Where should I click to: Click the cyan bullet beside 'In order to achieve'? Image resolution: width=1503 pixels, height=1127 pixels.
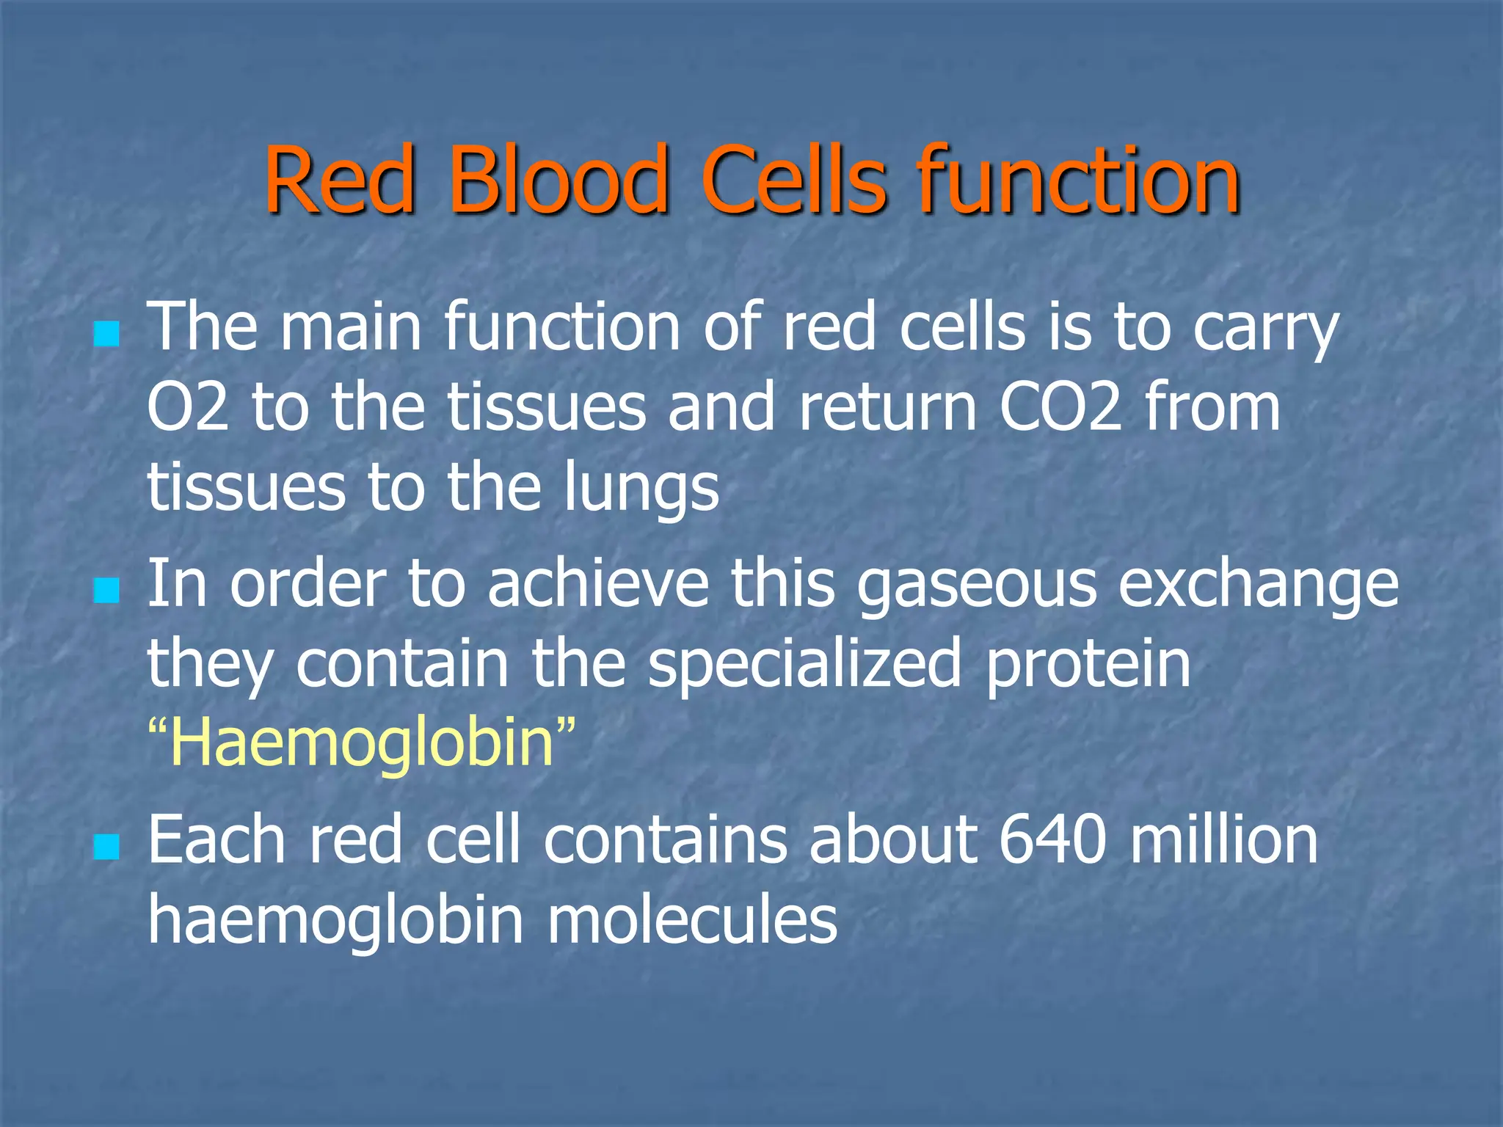click(x=107, y=589)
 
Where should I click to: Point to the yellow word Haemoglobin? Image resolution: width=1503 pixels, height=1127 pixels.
click(x=361, y=743)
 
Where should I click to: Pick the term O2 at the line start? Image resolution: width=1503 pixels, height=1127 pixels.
click(x=188, y=408)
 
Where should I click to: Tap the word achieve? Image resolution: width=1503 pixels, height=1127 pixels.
click(x=598, y=584)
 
